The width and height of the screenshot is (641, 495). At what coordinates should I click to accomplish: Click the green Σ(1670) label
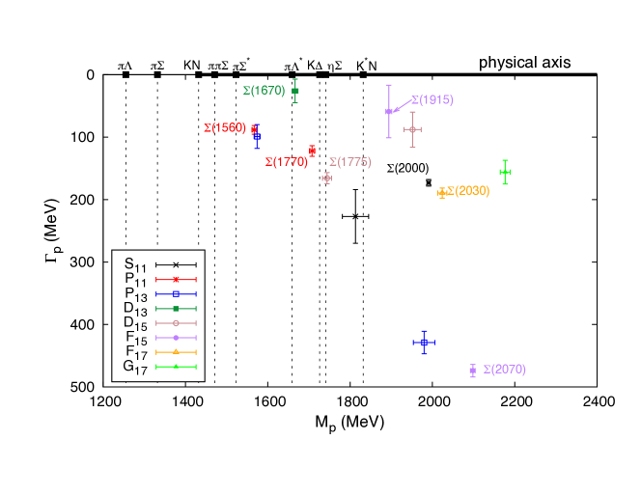coord(264,91)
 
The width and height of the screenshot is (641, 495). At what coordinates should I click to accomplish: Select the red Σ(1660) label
coord(224,127)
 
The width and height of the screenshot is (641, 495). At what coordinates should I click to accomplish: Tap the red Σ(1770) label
coord(286,162)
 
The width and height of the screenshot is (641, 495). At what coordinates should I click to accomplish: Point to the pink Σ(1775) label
coord(349,162)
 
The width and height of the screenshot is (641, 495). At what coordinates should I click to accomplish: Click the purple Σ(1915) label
coord(432,100)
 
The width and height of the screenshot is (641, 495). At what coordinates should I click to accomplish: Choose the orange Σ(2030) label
coord(468,191)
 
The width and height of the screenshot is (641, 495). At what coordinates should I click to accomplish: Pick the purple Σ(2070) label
coord(504,370)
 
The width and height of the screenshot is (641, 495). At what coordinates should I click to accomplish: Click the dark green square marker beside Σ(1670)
coord(295,91)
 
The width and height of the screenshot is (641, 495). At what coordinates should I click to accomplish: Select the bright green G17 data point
coord(504,172)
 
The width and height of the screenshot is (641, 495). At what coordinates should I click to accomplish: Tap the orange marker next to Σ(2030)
coord(442,193)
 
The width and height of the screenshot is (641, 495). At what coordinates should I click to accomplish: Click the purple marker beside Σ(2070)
coord(472,371)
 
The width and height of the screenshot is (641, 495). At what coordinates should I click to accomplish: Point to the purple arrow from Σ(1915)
coord(401,106)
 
